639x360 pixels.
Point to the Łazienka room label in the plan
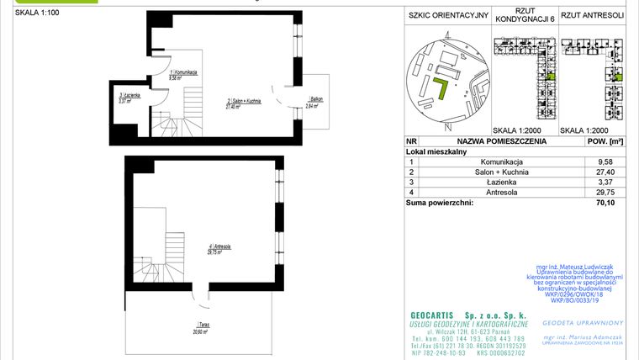coord(129,98)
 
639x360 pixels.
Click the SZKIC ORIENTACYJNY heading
coord(446,14)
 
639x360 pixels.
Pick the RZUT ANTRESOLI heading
coord(592,14)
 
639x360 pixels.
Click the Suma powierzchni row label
coord(440,202)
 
